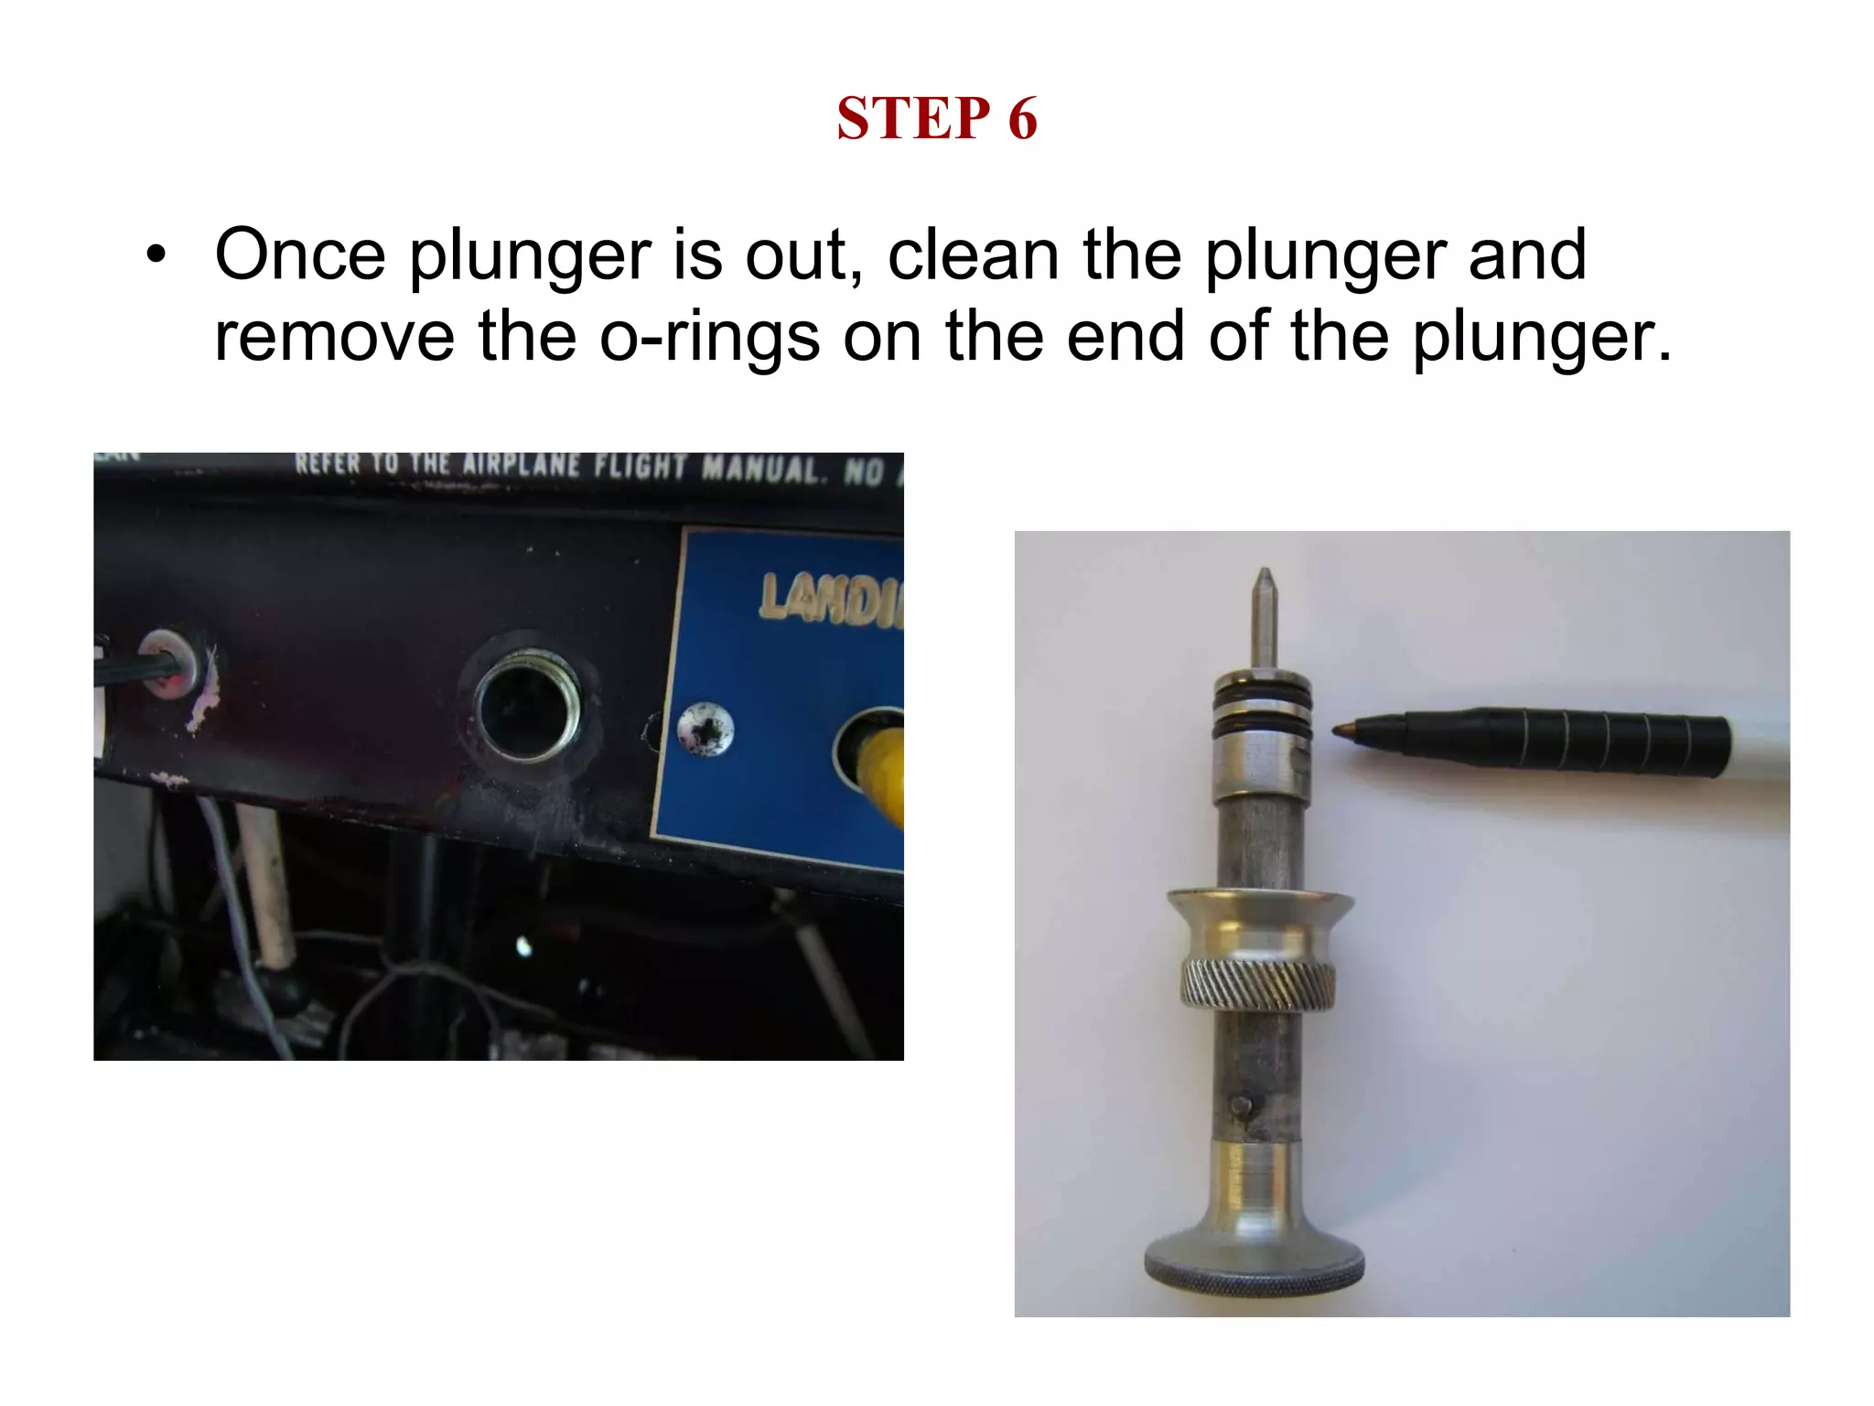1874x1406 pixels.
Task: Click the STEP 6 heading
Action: pyautogui.click(x=936, y=119)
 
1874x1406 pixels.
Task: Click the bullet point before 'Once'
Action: pyautogui.click(x=156, y=255)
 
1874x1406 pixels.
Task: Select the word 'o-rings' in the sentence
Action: pyautogui.click(x=709, y=337)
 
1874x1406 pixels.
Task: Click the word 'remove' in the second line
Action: pyautogui.click(x=334, y=337)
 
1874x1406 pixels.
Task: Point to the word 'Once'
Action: pyautogui.click(x=299, y=255)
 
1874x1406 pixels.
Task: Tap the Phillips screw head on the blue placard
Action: pyautogui.click(x=705, y=730)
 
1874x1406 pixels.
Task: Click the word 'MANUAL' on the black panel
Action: pyautogui.click(x=759, y=469)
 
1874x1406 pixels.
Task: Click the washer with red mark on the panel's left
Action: pyautogui.click(x=171, y=664)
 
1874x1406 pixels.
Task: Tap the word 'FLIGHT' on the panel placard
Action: pyautogui.click(x=640, y=467)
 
